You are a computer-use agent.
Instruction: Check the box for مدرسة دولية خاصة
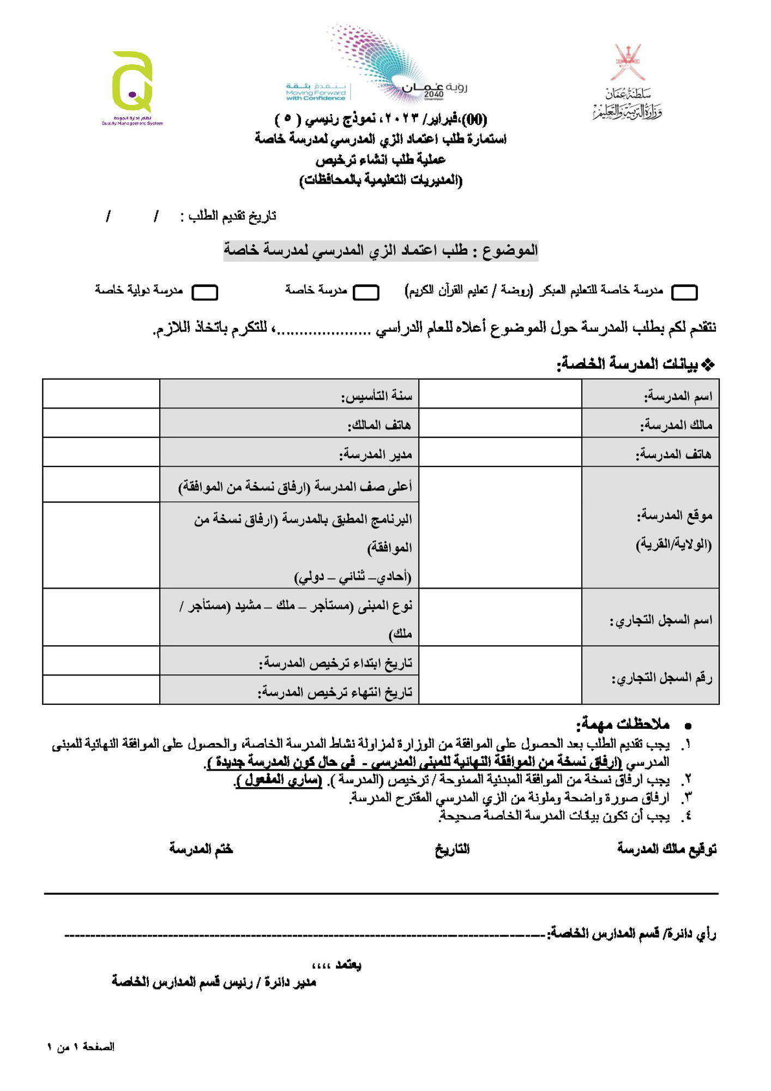click(x=205, y=292)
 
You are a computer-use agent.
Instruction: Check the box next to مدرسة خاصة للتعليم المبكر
click(x=684, y=292)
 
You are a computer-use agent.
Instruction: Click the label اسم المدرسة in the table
click(x=678, y=396)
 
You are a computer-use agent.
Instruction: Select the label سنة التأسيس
click(x=377, y=396)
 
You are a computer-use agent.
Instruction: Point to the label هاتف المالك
click(x=380, y=425)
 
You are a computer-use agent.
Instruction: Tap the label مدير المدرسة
click(x=376, y=454)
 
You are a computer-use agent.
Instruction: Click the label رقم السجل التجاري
click(x=662, y=678)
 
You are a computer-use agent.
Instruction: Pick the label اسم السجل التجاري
click(x=661, y=620)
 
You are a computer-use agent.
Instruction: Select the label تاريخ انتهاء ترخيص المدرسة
click(x=335, y=692)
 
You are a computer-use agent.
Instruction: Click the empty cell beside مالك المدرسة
click(x=500, y=423)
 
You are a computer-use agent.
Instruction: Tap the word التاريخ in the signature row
click(x=452, y=849)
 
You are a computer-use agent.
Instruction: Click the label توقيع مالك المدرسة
click(x=666, y=849)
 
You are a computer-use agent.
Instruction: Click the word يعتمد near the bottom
click(x=347, y=964)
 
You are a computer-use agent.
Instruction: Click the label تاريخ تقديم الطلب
click(x=232, y=216)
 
